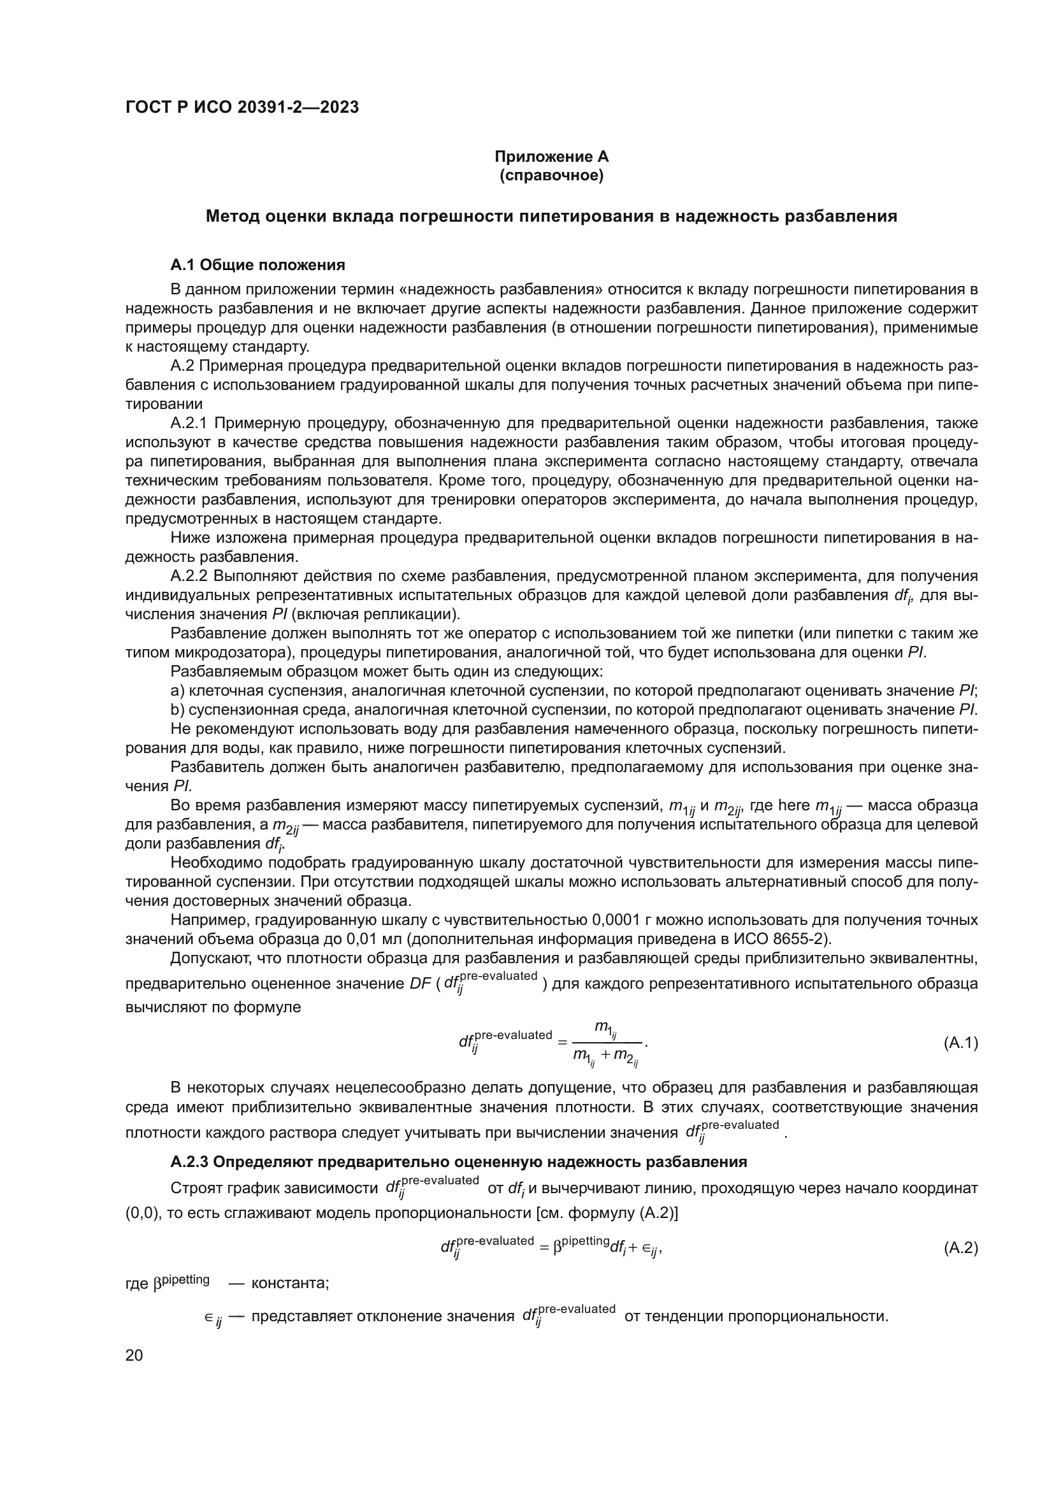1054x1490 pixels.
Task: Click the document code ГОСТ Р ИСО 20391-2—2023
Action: point(242,108)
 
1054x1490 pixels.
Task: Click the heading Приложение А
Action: point(551,157)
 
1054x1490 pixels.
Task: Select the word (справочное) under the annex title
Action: point(551,176)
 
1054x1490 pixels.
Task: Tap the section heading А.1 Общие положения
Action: point(257,265)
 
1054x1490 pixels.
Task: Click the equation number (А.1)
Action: point(960,1043)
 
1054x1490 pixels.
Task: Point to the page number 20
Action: point(134,1355)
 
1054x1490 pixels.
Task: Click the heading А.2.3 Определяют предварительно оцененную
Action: point(458,1162)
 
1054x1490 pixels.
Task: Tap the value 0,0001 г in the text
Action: point(624,921)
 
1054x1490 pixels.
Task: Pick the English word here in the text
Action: point(794,805)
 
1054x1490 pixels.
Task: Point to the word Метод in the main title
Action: point(233,217)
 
